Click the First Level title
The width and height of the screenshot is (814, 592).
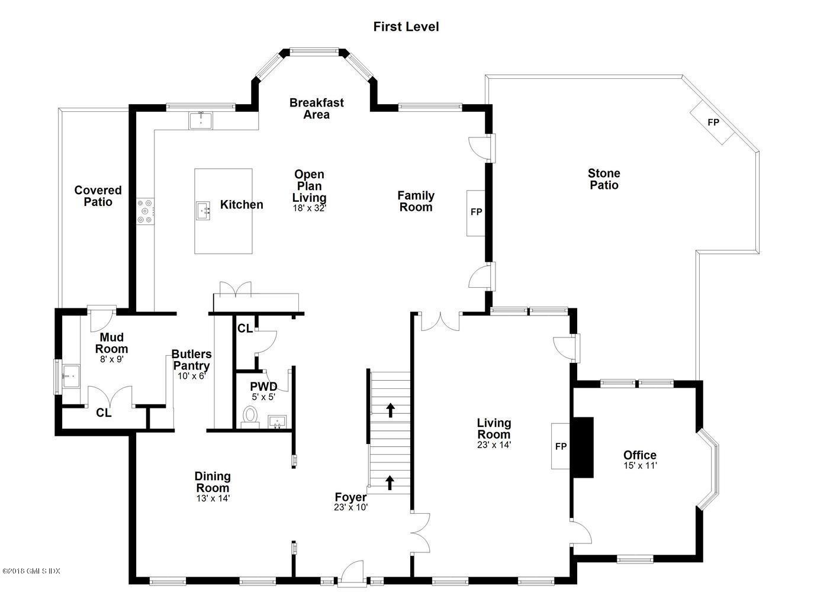pos(406,27)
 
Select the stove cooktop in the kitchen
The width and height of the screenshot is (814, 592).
pos(145,211)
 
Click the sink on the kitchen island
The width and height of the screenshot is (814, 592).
pos(203,211)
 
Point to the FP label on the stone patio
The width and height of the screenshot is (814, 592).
pos(713,123)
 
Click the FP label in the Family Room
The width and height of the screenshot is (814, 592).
pos(476,212)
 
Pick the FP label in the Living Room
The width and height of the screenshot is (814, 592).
pos(561,446)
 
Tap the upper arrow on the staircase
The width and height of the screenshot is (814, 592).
pos(390,410)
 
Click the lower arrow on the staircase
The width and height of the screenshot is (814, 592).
pos(390,482)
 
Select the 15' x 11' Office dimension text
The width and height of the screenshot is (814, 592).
pos(641,465)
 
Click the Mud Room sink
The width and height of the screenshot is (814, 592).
pos(71,376)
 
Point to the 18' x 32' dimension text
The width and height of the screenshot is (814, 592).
pos(310,208)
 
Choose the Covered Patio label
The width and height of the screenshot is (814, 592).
pos(98,196)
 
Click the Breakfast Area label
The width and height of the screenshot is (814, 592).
pos(317,108)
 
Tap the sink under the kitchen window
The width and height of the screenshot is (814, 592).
pos(201,120)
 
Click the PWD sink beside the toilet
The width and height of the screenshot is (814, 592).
pos(277,422)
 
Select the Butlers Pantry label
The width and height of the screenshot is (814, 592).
pos(191,359)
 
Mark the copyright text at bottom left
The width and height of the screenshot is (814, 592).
pos(31,571)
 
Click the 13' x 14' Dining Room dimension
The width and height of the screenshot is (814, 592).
pos(213,498)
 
